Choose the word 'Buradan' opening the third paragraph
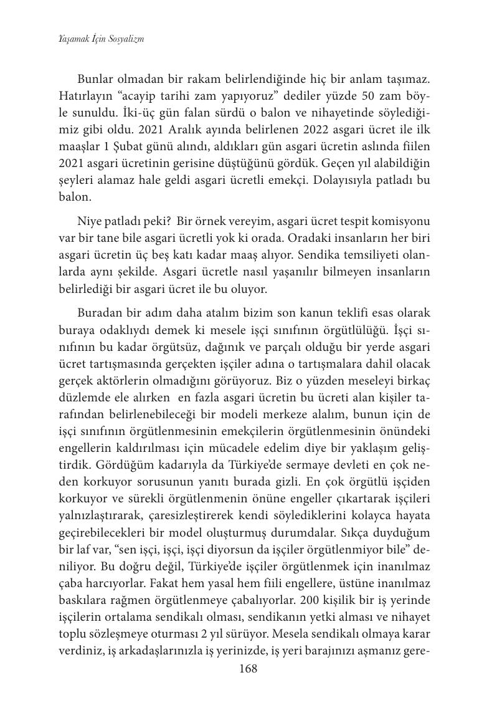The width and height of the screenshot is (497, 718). pos(98,313)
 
